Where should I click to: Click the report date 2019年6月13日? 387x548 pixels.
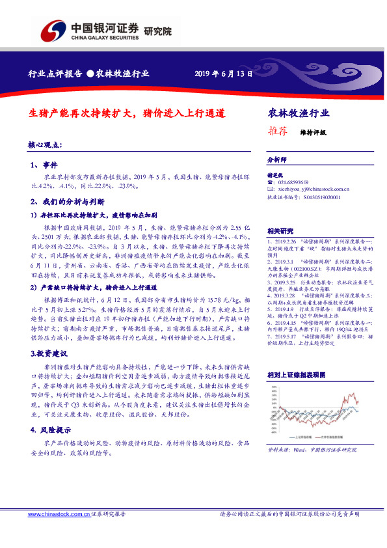coord(223,74)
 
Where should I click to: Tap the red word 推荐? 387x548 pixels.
coord(278,131)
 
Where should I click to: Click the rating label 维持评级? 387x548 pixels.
coord(312,131)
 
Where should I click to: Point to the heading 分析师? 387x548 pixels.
coord(277,159)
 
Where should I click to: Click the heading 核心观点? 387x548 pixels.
coord(44,144)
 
